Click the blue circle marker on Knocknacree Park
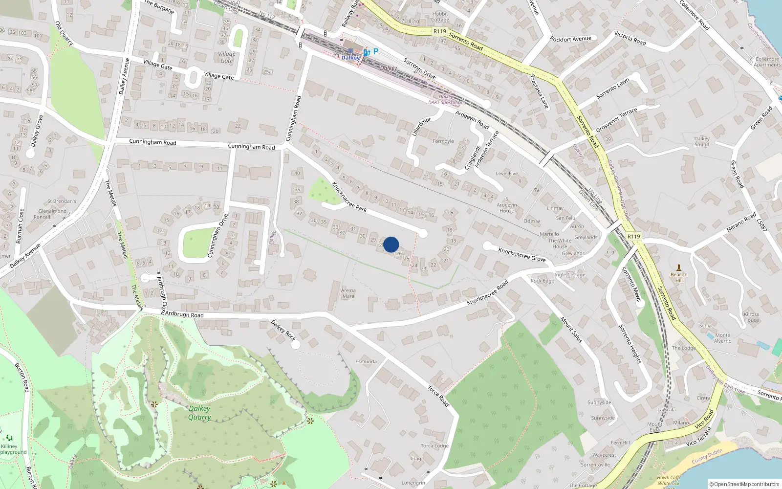pos(391,244)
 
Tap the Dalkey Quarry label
pos(199,413)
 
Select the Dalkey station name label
pos(350,58)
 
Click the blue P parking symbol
pos(375,51)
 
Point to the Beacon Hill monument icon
pos(678,267)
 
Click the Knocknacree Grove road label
pos(522,254)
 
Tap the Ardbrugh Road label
pos(184,314)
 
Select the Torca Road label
pos(438,396)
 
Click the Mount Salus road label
pos(571,330)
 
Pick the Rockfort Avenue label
pos(570,39)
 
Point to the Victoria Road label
pos(630,39)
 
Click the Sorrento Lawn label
pos(613,89)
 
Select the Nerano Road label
pos(741,222)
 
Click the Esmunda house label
pos(366,361)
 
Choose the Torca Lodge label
pos(434,445)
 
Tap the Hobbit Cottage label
pos(440,17)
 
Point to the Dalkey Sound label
pos(701,141)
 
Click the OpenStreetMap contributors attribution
pos(744,484)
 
